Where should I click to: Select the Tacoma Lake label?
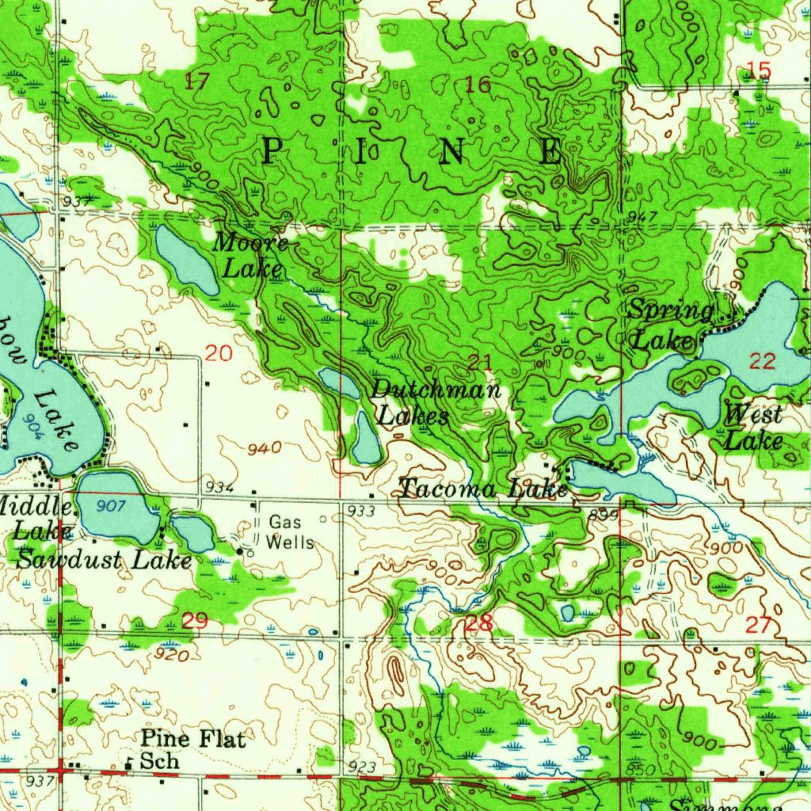click(x=483, y=489)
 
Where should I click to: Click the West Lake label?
click(x=753, y=427)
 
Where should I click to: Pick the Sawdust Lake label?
click(x=105, y=560)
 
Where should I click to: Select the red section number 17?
click(x=197, y=80)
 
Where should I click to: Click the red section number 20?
click(x=219, y=353)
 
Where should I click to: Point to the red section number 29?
click(x=195, y=621)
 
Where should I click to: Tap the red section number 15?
click(x=758, y=71)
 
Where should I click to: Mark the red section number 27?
click(x=758, y=625)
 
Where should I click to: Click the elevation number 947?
click(x=642, y=217)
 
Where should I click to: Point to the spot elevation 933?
click(x=361, y=512)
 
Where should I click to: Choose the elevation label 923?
click(x=361, y=767)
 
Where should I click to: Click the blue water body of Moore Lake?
click(x=185, y=260)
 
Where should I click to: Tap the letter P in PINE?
click(x=272, y=150)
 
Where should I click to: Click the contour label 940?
click(x=264, y=449)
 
